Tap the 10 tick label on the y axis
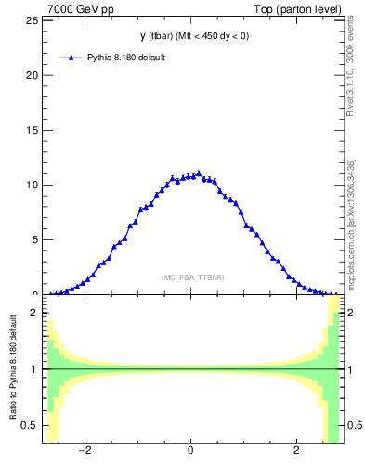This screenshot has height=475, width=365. click(33, 185)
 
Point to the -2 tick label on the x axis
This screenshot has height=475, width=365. click(85, 452)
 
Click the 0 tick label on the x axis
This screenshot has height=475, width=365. click(191, 452)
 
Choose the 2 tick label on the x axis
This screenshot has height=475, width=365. click(296, 452)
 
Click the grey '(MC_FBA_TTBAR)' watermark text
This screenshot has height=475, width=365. click(191, 277)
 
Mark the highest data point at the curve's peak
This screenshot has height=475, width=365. click(199, 173)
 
